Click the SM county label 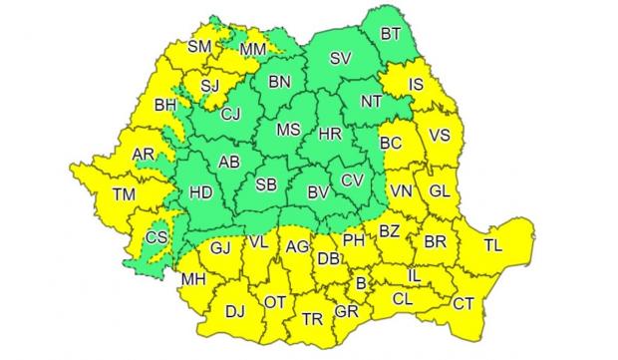point(201,46)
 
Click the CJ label point(231,115)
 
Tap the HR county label point(330,133)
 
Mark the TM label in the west point(124,194)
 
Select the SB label point(266,187)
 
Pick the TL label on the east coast point(493,244)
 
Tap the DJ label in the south point(234,313)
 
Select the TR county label point(312,320)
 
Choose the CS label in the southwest point(156,238)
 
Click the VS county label point(438,135)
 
